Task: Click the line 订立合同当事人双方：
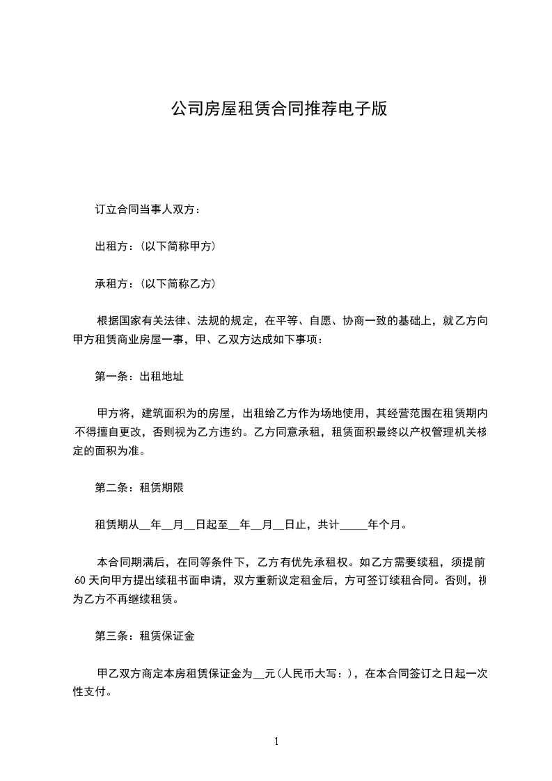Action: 148,209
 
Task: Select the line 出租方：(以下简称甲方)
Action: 155,246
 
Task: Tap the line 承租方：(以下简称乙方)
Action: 155,284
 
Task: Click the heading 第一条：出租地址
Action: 139,377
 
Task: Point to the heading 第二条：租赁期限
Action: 139,487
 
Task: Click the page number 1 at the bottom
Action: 276,741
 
